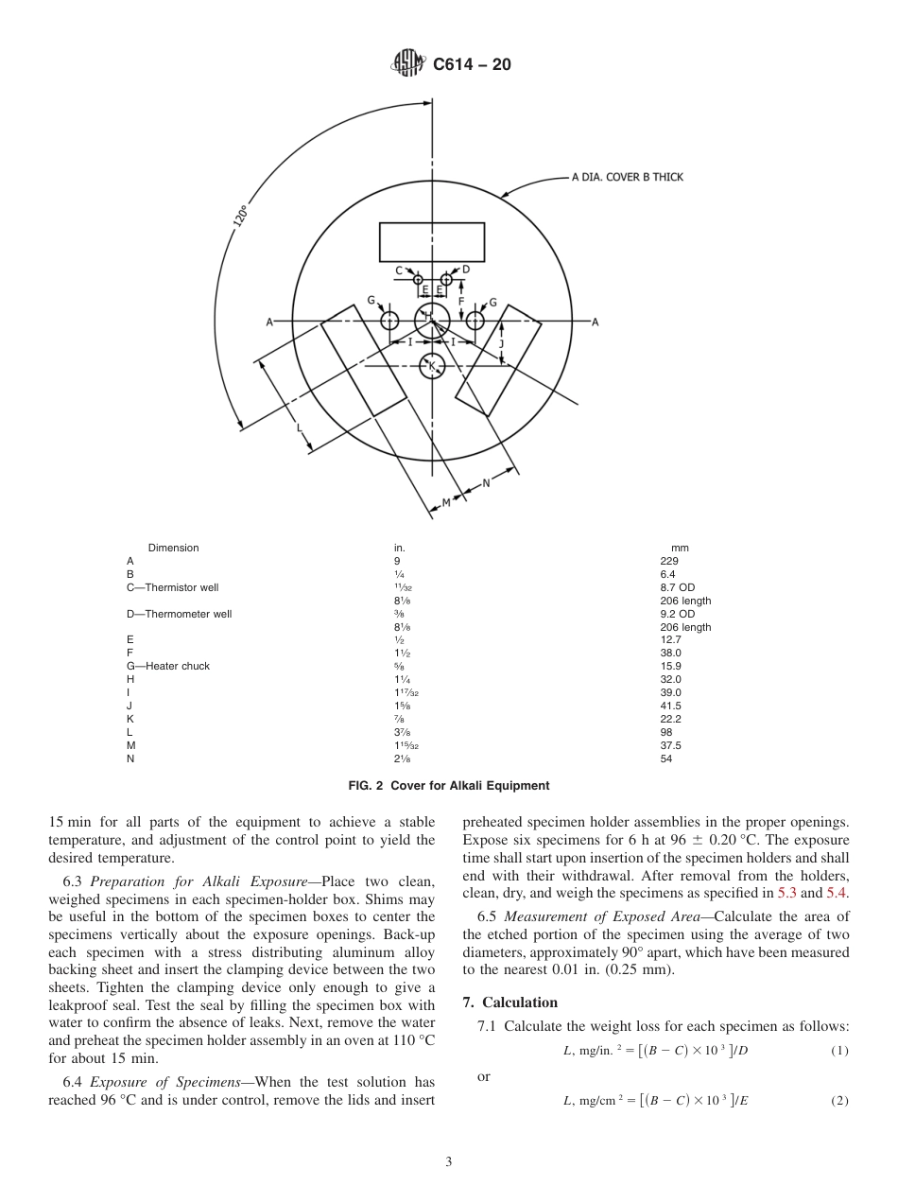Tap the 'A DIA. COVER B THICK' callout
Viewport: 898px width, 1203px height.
tap(627, 177)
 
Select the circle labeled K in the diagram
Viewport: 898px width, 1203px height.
tap(432, 366)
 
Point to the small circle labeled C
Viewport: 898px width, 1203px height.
tap(418, 280)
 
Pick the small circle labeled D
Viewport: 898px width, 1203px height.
tap(446, 280)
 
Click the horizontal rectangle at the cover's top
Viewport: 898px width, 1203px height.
tap(432, 242)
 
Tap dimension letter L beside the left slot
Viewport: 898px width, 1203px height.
tap(300, 428)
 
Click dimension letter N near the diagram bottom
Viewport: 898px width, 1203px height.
tap(487, 482)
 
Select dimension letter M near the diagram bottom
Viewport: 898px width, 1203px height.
tap(446, 502)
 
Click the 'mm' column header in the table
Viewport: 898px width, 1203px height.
tap(680, 548)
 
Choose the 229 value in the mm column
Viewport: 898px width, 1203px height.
tap(669, 561)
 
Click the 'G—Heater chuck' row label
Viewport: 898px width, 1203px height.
tap(168, 666)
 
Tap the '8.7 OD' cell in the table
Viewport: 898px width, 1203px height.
tap(677, 587)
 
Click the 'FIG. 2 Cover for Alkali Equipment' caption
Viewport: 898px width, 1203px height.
tap(449, 786)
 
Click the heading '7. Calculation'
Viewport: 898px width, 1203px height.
tap(509, 1002)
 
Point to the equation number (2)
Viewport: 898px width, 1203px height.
tap(839, 1101)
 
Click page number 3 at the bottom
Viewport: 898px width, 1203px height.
tap(449, 1162)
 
